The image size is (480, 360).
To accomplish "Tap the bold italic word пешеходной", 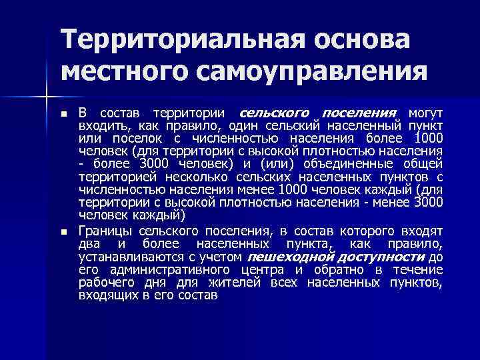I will pos(289,257).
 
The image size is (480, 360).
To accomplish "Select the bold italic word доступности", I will pos(383,257).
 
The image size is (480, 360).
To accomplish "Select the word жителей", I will pos(243,282).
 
